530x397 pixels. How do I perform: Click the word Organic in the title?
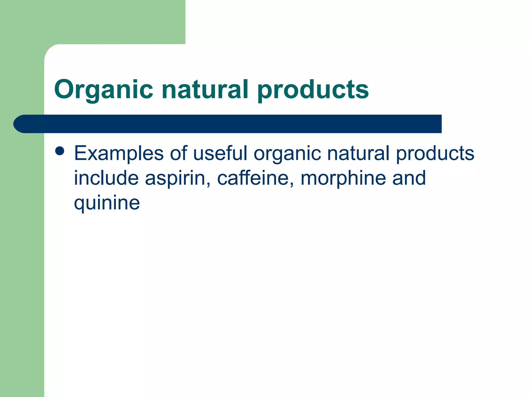[x=104, y=90]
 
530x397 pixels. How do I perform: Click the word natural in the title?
[x=205, y=89]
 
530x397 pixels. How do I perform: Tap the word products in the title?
[x=313, y=90]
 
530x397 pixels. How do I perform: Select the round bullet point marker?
[x=60, y=151]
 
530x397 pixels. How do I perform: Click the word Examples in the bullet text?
[x=119, y=154]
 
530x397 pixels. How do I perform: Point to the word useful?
[x=220, y=153]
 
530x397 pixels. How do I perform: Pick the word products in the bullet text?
[x=435, y=154]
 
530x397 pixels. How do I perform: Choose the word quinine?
[x=107, y=203]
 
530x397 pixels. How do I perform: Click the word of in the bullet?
[x=179, y=153]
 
